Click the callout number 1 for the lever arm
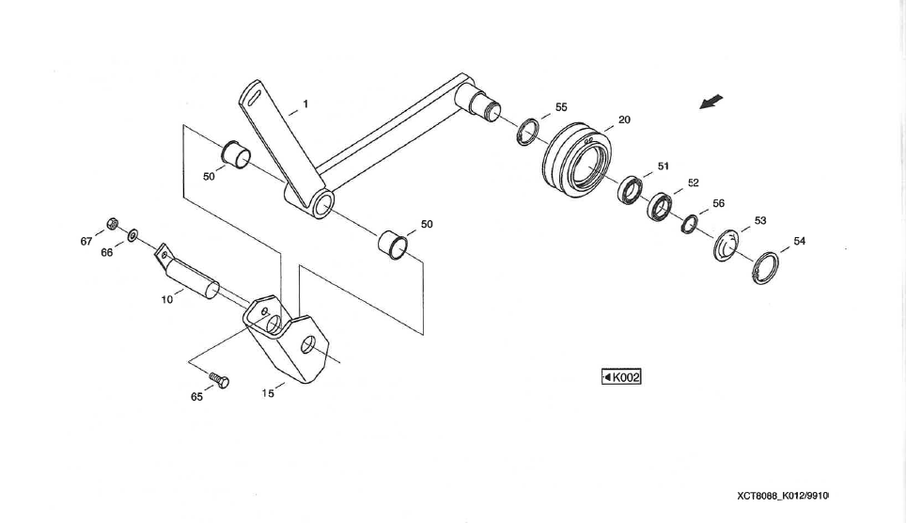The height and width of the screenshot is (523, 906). [x=305, y=103]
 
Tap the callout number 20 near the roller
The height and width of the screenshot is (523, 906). [x=624, y=120]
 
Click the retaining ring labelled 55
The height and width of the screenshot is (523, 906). [x=529, y=132]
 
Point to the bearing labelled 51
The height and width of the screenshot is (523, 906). [x=630, y=190]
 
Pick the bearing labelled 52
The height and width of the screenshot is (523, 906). [x=661, y=205]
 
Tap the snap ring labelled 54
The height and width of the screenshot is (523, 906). [x=767, y=266]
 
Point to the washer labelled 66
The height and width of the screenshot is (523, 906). [x=133, y=231]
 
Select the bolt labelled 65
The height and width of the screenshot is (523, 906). [x=219, y=380]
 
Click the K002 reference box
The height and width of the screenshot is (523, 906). [x=621, y=377]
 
